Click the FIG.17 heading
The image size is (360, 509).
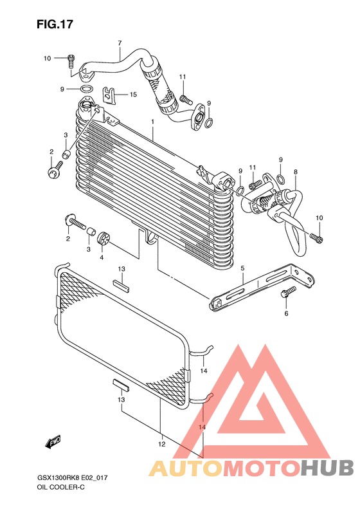click(55, 24)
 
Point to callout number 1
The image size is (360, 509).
click(152, 122)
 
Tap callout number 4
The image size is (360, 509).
click(102, 257)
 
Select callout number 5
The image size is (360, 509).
click(242, 268)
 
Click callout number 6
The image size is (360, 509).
click(286, 313)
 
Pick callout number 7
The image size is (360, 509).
click(120, 42)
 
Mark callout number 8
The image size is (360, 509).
click(296, 172)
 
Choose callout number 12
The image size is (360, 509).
click(161, 444)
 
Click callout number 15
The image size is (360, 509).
click(133, 95)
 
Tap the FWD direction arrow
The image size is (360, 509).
click(53, 442)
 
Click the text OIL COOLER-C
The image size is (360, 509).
click(61, 487)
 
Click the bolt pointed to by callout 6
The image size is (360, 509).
click(288, 292)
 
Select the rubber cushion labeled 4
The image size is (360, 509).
click(104, 238)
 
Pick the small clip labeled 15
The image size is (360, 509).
click(110, 95)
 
